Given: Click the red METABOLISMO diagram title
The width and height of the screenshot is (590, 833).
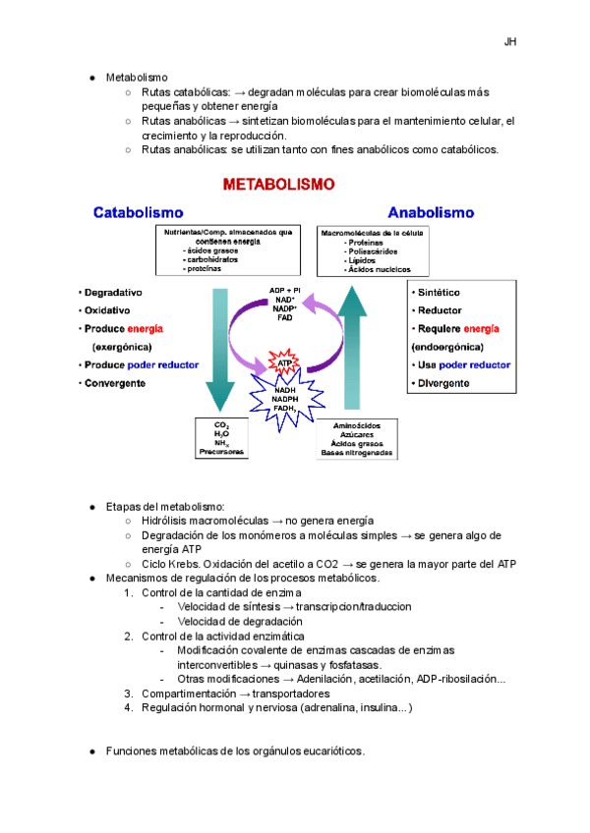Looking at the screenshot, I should tap(279, 184).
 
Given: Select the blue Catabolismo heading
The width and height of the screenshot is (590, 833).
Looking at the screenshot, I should tap(138, 211).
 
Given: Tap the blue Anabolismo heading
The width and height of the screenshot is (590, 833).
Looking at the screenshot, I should tap(431, 211).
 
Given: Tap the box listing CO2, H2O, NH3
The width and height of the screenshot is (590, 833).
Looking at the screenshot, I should tap(221, 438).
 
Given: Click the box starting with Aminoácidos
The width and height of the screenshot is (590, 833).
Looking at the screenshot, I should tap(355, 438).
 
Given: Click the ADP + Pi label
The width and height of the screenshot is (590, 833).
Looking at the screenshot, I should tap(285, 290).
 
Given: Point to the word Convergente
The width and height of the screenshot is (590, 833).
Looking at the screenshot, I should tap(116, 382).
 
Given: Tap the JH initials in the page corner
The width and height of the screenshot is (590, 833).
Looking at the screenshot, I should tap(510, 42).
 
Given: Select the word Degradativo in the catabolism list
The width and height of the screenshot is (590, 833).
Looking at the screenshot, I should tap(114, 293).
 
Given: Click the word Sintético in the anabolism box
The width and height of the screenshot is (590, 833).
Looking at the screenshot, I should tap(440, 293).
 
